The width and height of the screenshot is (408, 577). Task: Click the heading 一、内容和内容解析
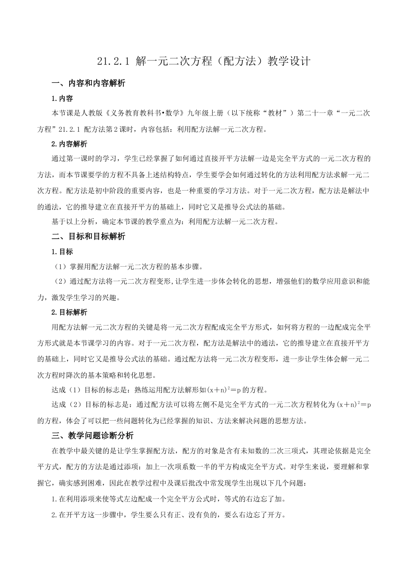88,83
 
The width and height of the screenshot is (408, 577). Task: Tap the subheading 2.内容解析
69,144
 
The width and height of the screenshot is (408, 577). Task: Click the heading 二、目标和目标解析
88,236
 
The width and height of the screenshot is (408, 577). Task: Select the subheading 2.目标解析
69,312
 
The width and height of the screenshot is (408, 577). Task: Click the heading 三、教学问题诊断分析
92,436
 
